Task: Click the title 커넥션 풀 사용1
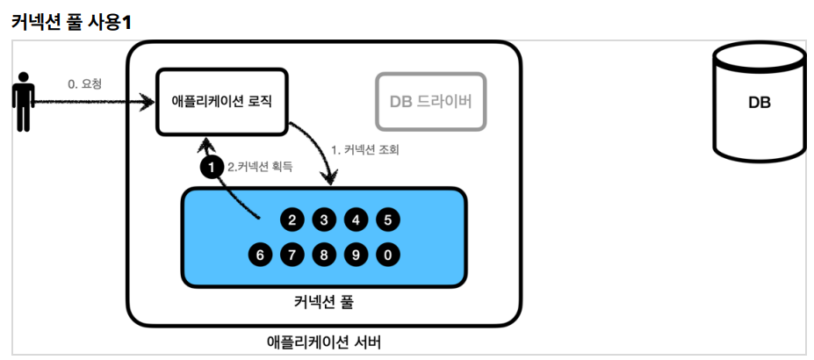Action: pos(70,24)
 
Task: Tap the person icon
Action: pos(23,102)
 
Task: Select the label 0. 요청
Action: pos(84,84)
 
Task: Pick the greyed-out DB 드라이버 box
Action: pos(431,101)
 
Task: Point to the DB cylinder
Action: pos(759,102)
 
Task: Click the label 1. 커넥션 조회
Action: pos(365,151)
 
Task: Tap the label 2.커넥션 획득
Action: pos(260,168)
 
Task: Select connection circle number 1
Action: pos(212,168)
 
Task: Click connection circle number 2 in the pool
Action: pos(292,220)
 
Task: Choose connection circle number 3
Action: pos(324,220)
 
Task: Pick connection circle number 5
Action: pos(388,220)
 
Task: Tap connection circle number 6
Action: pos(261,255)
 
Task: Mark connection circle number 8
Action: pos(324,255)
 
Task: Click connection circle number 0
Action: pos(388,255)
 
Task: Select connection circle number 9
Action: pos(357,255)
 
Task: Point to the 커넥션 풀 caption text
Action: pos(324,302)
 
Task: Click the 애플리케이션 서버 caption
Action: pos(324,342)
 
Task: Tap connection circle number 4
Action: pos(357,220)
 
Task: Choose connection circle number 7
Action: pos(292,255)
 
